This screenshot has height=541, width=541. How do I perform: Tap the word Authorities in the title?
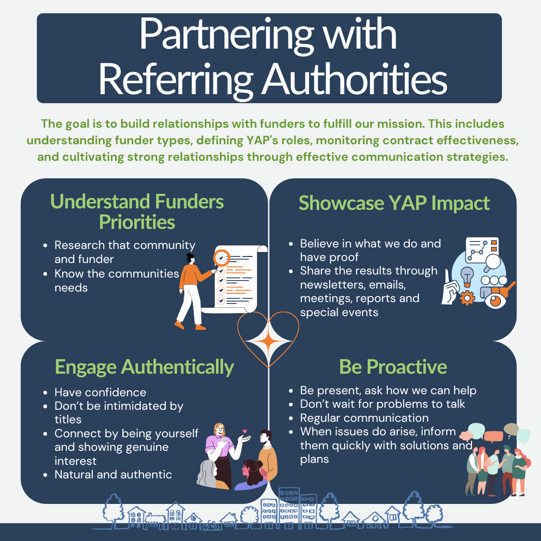(355, 79)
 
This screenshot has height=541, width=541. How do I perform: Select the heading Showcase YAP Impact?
(394, 203)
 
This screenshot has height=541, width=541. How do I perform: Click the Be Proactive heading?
(393, 367)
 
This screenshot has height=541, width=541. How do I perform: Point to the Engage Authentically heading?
(144, 367)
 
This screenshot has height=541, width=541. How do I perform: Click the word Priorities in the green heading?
(137, 222)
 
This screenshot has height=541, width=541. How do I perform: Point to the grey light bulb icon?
(467, 276)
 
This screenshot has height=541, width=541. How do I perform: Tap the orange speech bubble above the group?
(494, 436)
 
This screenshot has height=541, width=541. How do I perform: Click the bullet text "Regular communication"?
(364, 418)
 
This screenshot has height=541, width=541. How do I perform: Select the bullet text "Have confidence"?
(100, 392)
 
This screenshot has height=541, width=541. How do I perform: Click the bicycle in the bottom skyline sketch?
(210, 525)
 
